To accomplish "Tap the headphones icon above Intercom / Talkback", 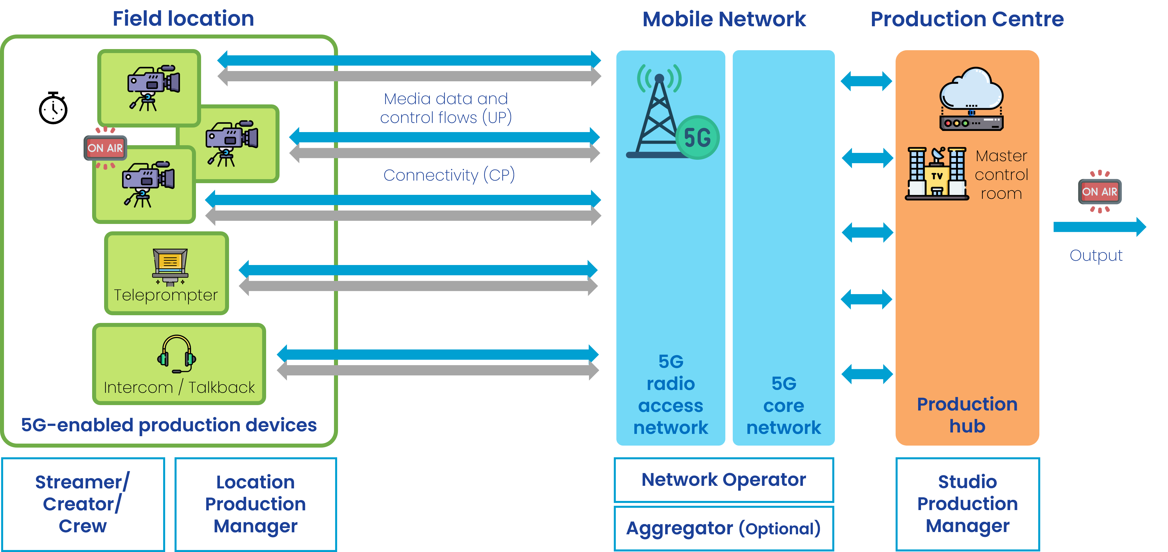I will (176, 354).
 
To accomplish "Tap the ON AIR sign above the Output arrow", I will (1100, 191).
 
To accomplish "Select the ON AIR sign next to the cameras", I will (105, 148).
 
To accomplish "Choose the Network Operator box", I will (724, 480).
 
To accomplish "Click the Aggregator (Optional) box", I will (724, 528).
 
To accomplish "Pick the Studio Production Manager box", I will (967, 504).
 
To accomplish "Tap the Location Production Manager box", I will (256, 504).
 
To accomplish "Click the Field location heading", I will (183, 19).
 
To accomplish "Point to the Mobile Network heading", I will (724, 19).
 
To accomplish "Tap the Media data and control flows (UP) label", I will (446, 108).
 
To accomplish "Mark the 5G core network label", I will (784, 405).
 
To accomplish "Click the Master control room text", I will (1001, 175).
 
